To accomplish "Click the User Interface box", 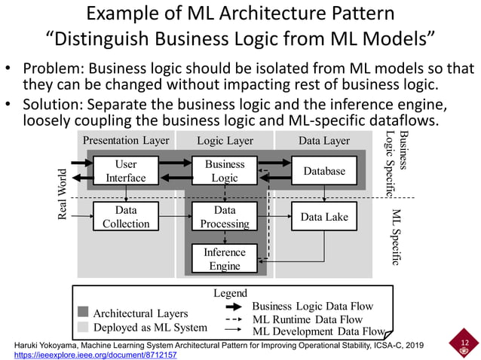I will click(126, 171).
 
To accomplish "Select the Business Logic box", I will click(225, 171).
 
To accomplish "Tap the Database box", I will click(324, 171).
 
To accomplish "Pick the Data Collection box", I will click(126, 217).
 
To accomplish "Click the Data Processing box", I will click(225, 217).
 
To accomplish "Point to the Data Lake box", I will click(324, 217).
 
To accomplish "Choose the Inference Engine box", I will click(225, 259).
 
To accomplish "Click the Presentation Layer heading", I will click(126, 140).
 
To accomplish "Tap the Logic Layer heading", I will click(225, 140).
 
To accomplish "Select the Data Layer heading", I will click(324, 140).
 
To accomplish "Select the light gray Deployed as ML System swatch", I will click(83, 327).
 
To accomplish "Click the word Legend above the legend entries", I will click(231, 293).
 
